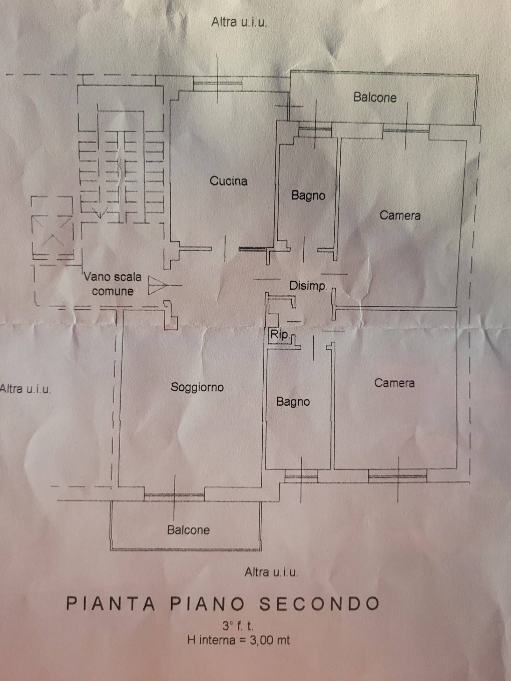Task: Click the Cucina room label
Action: click(229, 181)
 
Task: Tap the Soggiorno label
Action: click(197, 387)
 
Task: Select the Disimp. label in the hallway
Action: click(308, 286)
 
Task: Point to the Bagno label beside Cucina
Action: click(308, 195)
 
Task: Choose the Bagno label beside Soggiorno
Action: click(293, 402)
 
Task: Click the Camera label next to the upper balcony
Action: click(400, 215)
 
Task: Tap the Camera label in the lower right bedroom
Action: click(394, 383)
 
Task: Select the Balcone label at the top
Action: click(375, 97)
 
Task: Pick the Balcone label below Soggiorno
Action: click(188, 530)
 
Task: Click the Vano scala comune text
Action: click(112, 284)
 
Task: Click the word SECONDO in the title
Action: click(319, 604)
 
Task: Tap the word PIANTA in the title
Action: click(111, 604)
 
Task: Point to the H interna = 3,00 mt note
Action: click(238, 640)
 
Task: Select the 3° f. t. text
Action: click(238, 626)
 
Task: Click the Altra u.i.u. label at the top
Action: click(239, 22)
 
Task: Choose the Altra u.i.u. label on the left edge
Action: click(25, 389)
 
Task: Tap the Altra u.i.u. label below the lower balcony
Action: click(271, 572)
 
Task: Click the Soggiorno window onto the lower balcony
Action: click(174, 497)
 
